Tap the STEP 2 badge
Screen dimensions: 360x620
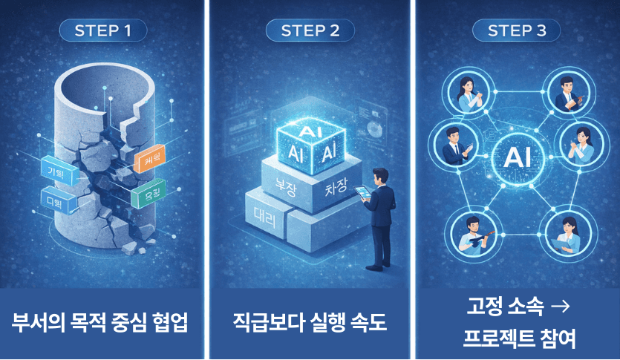click(x=310, y=30)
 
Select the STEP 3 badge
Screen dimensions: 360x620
click(x=517, y=30)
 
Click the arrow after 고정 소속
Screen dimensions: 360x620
click(x=564, y=306)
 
